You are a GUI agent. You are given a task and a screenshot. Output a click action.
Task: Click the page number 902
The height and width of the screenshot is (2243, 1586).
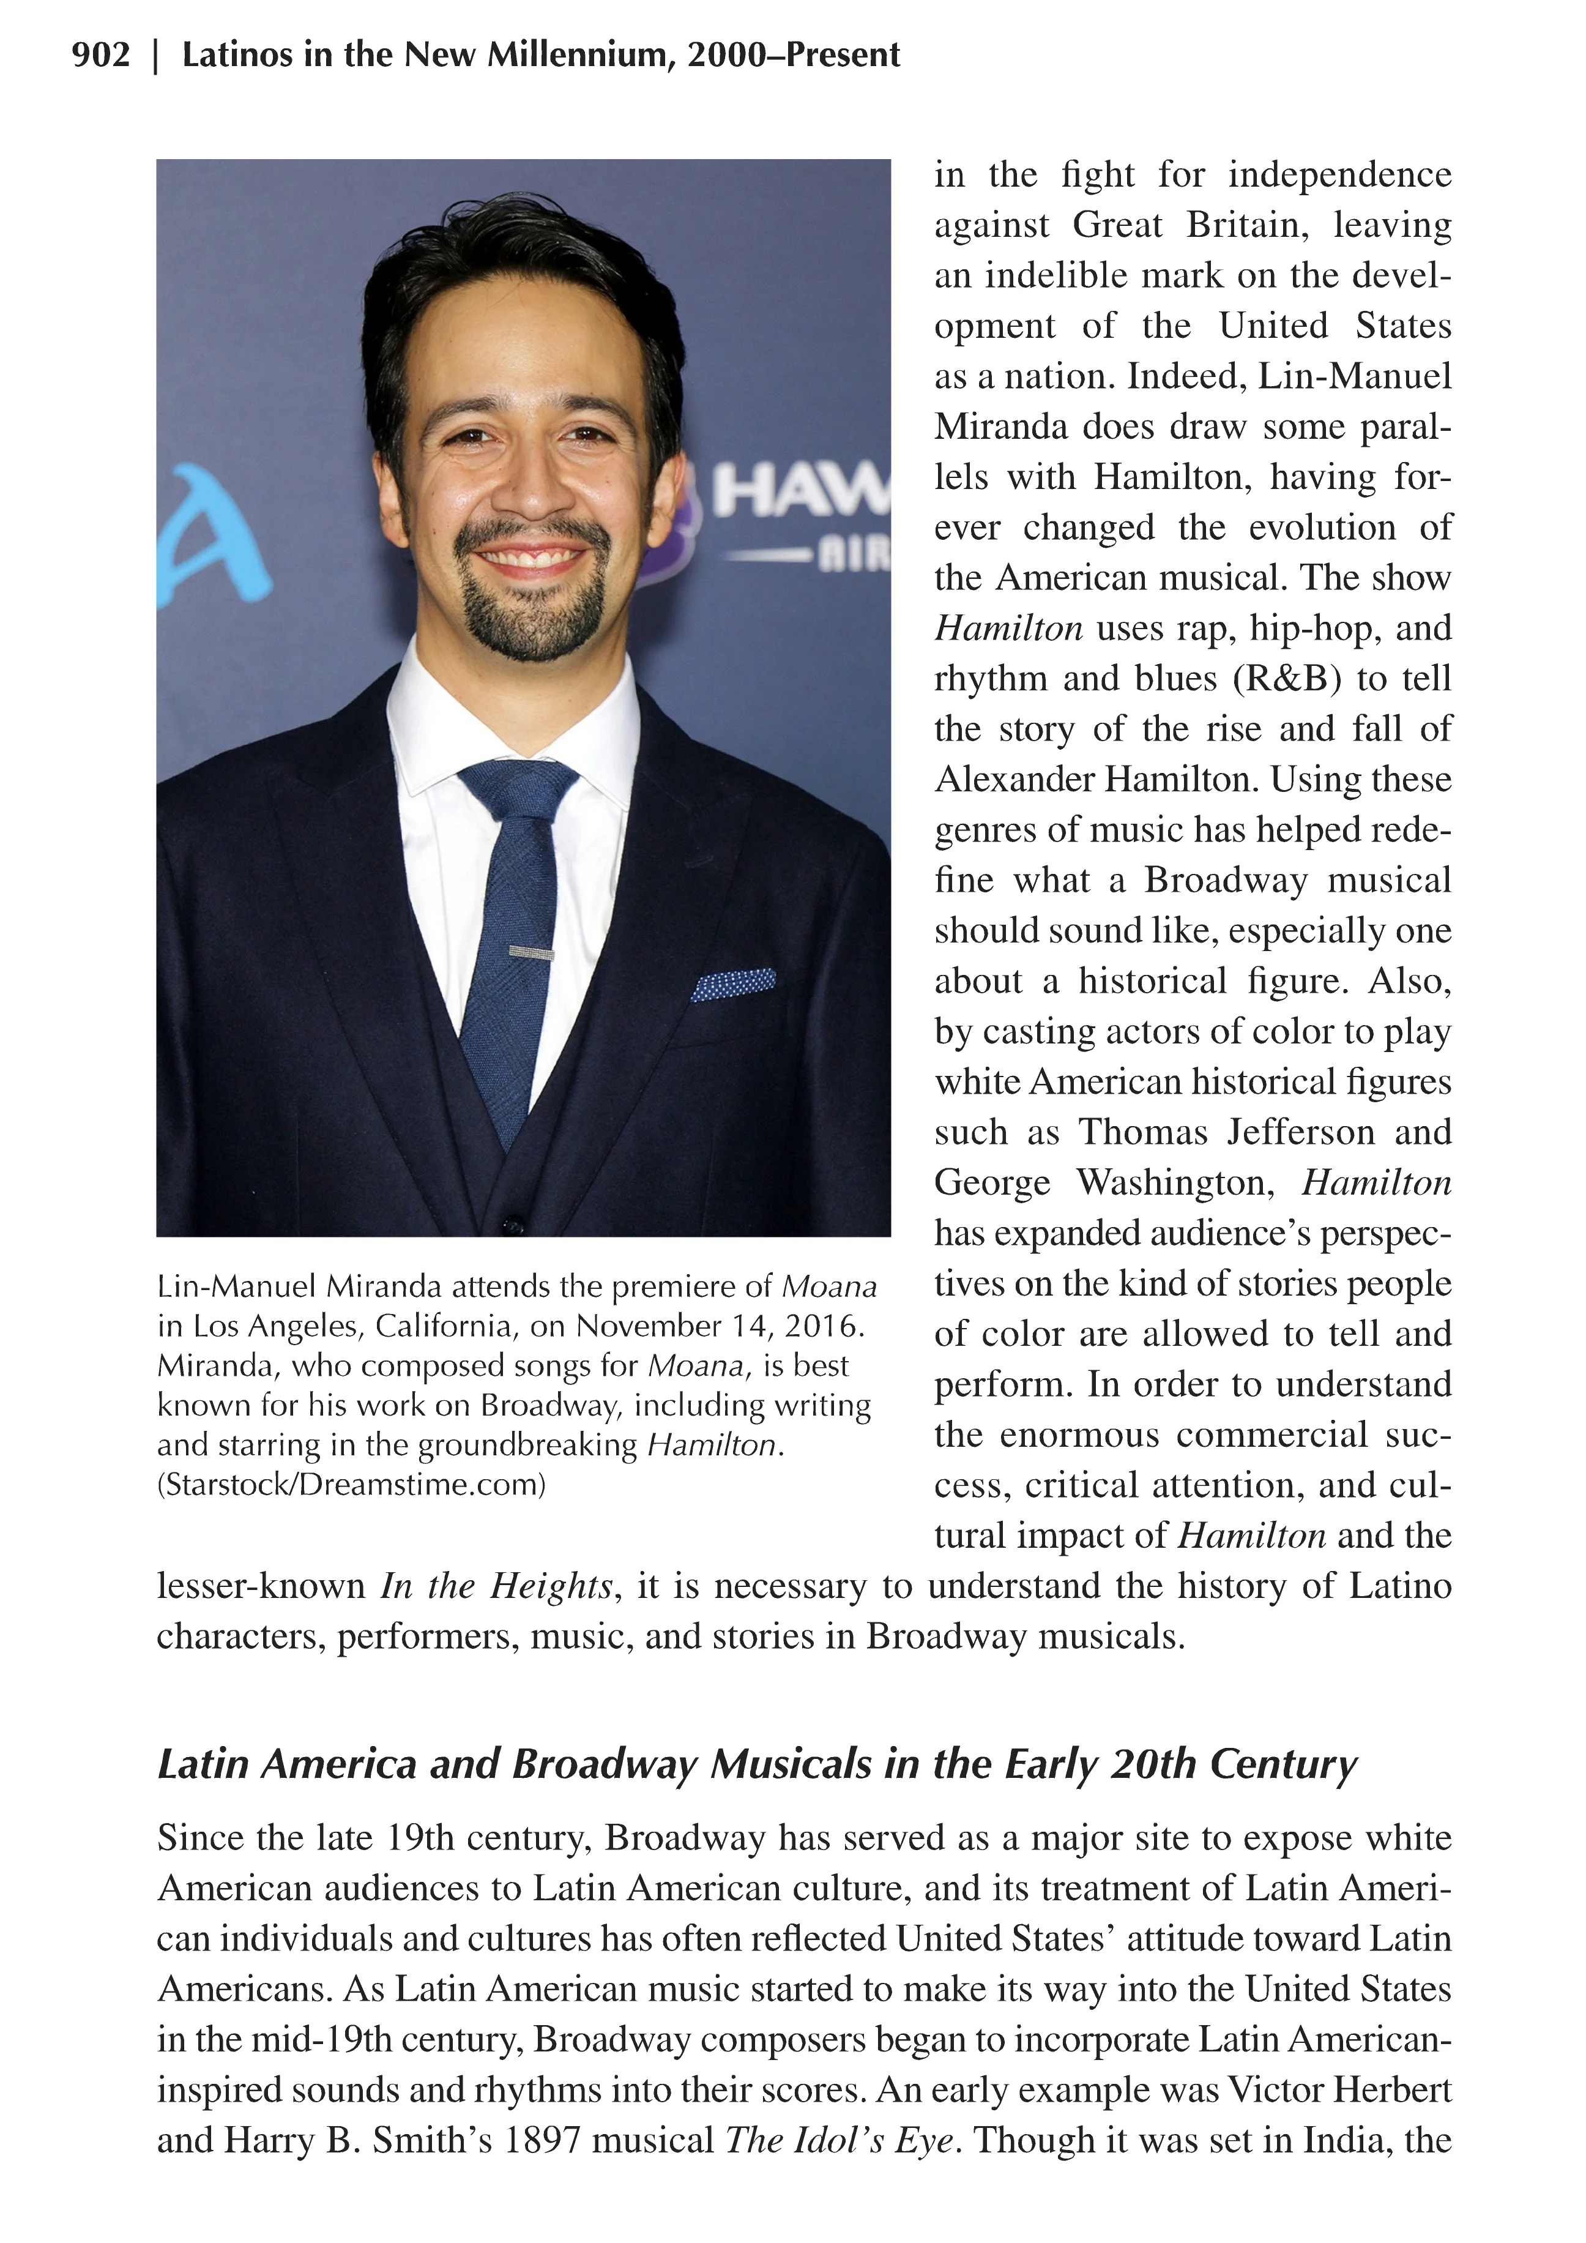click(x=100, y=54)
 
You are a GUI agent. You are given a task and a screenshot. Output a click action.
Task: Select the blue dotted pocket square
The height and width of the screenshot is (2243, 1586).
click(x=734, y=985)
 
